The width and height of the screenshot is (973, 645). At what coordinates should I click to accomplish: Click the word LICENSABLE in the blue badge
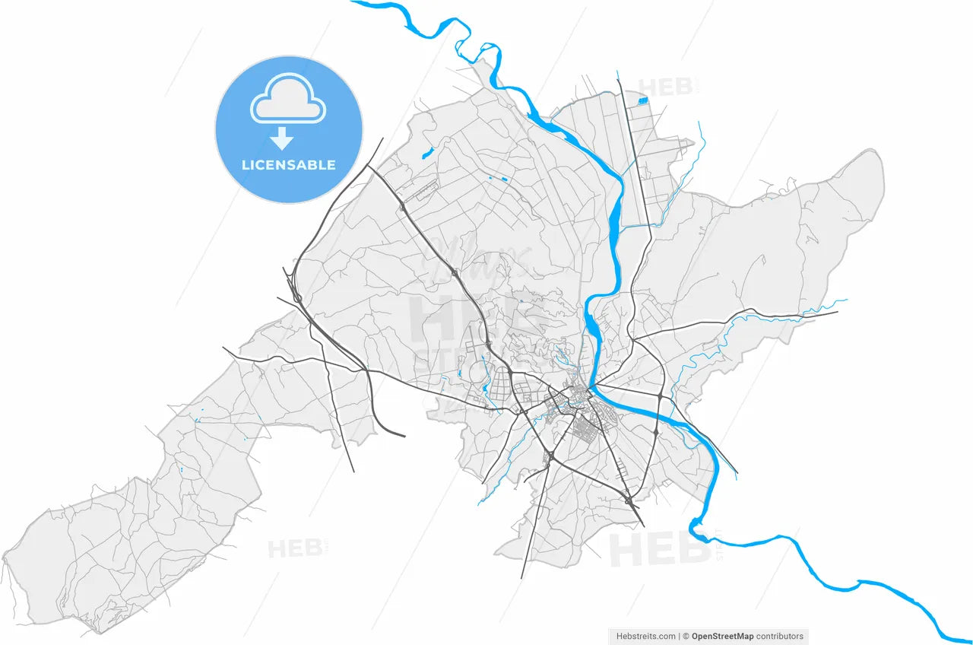click(x=288, y=165)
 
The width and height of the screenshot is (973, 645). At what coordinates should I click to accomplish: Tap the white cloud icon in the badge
click(x=288, y=99)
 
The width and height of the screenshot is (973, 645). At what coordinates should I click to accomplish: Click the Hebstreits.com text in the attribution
click(x=646, y=637)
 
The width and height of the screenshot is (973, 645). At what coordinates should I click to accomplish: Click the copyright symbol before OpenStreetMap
click(x=686, y=637)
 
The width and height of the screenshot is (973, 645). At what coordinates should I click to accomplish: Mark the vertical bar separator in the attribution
click(x=679, y=637)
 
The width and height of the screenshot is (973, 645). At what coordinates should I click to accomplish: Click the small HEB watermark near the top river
click(x=664, y=87)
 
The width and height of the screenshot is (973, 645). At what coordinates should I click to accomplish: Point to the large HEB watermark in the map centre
click(x=456, y=319)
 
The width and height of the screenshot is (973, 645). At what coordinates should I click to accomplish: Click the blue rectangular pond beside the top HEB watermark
click(x=645, y=98)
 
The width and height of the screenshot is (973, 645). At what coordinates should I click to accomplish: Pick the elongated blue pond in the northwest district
click(x=426, y=152)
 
